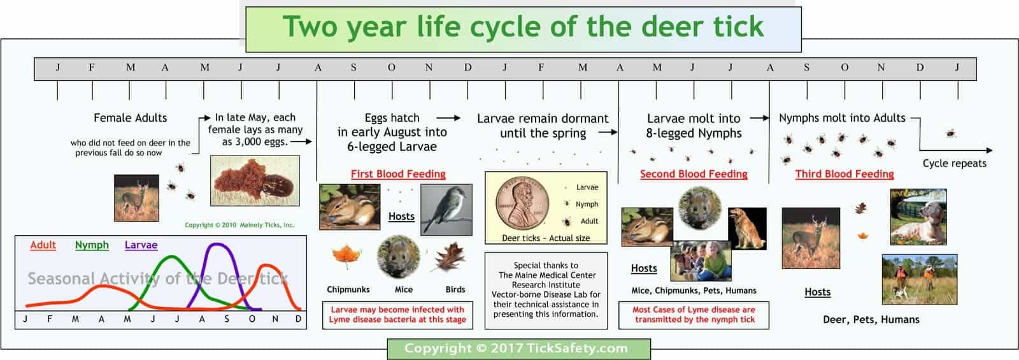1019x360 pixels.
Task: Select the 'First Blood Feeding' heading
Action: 398,174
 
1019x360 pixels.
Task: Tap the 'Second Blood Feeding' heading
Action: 694,174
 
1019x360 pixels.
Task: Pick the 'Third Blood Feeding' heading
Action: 844,174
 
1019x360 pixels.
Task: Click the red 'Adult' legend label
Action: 43,245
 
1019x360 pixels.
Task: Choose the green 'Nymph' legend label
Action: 92,245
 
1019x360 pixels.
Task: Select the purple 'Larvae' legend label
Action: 141,245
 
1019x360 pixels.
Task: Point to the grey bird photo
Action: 446,210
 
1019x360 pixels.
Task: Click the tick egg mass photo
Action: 255,181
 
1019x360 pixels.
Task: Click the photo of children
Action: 701,261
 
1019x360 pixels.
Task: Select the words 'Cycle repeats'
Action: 954,164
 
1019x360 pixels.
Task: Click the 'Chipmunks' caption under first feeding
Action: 348,289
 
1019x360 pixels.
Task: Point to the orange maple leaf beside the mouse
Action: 346,257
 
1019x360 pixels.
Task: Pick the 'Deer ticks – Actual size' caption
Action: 546,238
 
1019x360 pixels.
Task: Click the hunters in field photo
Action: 919,278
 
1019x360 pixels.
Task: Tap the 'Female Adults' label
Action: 131,118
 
